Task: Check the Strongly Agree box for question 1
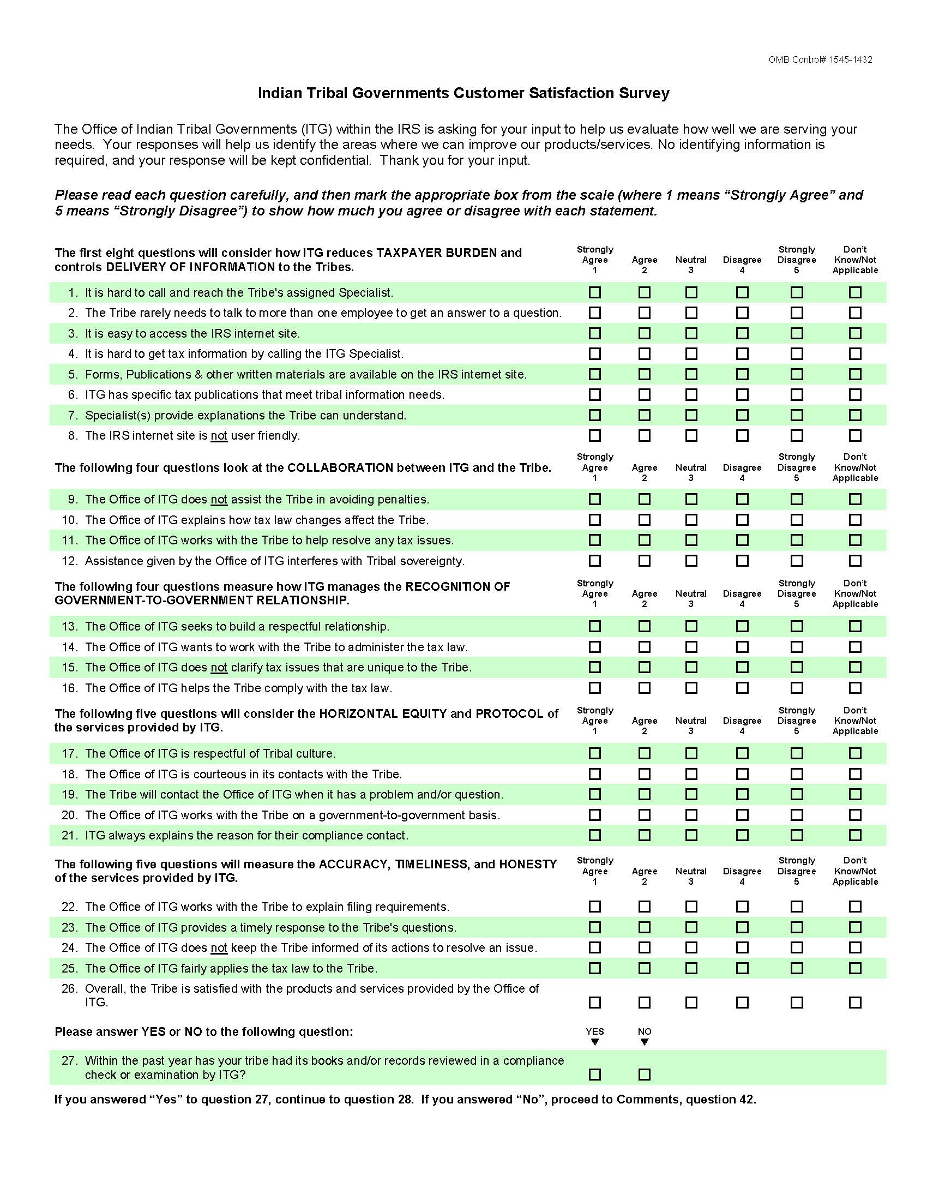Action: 595,292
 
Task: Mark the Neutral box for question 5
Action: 691,374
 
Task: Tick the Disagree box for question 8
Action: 742,436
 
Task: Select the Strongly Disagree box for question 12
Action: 796,561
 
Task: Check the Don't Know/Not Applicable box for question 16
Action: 855,688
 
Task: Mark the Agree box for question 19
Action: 644,795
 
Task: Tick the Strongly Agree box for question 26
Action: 595,1003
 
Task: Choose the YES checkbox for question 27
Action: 595,1074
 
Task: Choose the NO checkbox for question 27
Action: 644,1074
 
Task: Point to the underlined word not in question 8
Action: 219,436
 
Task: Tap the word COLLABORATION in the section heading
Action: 340,467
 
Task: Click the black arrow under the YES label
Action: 595,1042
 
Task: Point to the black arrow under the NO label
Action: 645,1042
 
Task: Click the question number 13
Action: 69,626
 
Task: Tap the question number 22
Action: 69,907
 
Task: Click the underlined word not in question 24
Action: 219,948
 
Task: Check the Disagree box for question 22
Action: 742,907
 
